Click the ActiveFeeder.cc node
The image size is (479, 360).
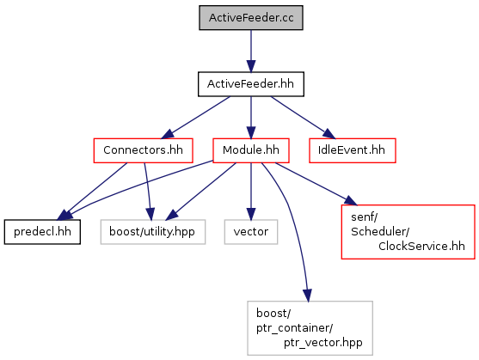(251, 18)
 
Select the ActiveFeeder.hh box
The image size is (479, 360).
(251, 84)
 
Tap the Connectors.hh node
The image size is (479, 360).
(143, 150)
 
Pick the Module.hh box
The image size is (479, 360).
(251, 150)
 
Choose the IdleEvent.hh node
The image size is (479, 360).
(353, 150)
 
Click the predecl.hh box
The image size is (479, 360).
(42, 232)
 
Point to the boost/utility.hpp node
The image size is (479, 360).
(153, 232)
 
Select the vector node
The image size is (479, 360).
(251, 232)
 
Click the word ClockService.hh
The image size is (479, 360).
(421, 247)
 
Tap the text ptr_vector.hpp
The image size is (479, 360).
(322, 343)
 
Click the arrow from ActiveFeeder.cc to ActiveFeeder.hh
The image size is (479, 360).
(251, 51)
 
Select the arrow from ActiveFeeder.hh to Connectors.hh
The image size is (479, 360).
(196, 118)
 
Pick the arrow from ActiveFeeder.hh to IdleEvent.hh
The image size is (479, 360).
(303, 118)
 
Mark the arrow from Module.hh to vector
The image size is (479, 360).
(251, 192)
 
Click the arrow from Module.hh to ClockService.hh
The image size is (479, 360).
(316, 184)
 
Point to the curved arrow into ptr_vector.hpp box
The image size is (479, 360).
(289, 207)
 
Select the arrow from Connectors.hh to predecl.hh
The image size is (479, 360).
(92, 192)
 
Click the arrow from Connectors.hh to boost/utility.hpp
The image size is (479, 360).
(148, 192)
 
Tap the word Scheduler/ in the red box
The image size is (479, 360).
(380, 232)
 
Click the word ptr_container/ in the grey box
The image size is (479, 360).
(294, 328)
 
